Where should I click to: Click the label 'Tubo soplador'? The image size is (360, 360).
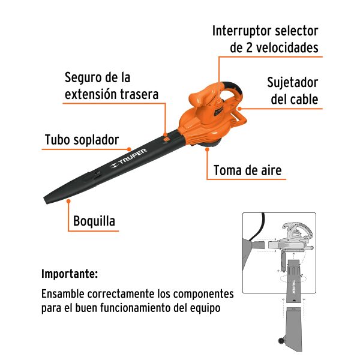click(82, 140)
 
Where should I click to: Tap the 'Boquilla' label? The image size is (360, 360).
click(94, 221)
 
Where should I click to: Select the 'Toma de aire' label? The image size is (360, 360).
click(247, 171)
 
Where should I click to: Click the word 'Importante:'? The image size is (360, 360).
click(69, 274)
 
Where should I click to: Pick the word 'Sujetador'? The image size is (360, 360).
click(292, 82)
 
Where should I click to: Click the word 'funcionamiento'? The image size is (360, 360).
click(128, 308)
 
